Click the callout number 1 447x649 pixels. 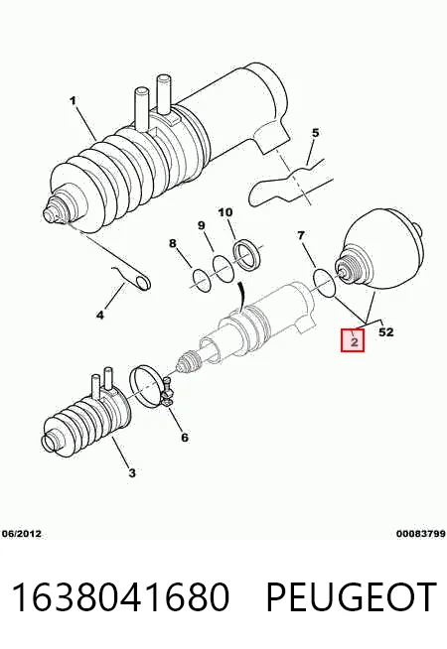point(73,100)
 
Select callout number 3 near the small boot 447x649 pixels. point(132,472)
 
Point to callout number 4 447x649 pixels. point(100,316)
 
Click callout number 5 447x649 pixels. point(315,133)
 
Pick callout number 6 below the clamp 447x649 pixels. point(185,437)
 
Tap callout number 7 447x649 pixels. point(301,236)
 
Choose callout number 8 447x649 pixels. point(173,243)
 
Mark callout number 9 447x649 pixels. point(201,225)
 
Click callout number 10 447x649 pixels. point(225,212)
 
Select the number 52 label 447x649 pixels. point(386,332)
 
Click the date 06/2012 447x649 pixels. point(22,534)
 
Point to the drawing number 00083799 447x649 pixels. point(421,534)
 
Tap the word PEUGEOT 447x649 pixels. point(352,596)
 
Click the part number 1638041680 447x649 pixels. point(120,596)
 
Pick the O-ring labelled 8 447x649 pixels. point(195,276)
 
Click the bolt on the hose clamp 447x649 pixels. point(168,392)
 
